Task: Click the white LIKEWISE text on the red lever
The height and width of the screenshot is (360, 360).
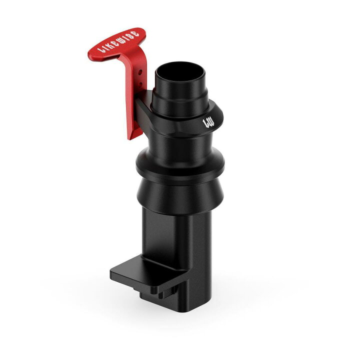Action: pyautogui.click(x=118, y=41)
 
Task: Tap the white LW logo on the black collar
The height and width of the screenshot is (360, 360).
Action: pyautogui.click(x=208, y=123)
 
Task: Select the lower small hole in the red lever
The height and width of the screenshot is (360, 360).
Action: pyautogui.click(x=140, y=84)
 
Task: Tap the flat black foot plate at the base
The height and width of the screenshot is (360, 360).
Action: pyautogui.click(x=149, y=272)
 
